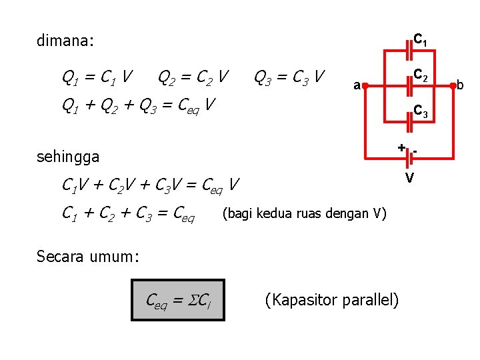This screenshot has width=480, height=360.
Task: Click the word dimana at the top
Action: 65,41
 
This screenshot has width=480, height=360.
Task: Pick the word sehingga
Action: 68,157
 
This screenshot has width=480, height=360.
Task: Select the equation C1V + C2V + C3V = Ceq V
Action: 151,183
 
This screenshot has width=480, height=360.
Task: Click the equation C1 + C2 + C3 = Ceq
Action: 128,214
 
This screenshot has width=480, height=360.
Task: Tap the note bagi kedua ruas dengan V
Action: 304,214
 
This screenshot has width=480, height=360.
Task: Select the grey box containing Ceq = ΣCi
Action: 179,300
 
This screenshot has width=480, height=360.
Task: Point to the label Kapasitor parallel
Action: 332,300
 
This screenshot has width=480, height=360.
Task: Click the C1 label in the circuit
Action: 421,41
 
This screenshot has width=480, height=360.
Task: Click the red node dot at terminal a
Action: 365,85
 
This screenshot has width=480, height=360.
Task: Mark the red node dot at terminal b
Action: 453,85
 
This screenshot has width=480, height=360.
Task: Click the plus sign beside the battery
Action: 401,147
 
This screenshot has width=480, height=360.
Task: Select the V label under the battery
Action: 411,177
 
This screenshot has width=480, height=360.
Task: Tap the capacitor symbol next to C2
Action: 409,85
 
